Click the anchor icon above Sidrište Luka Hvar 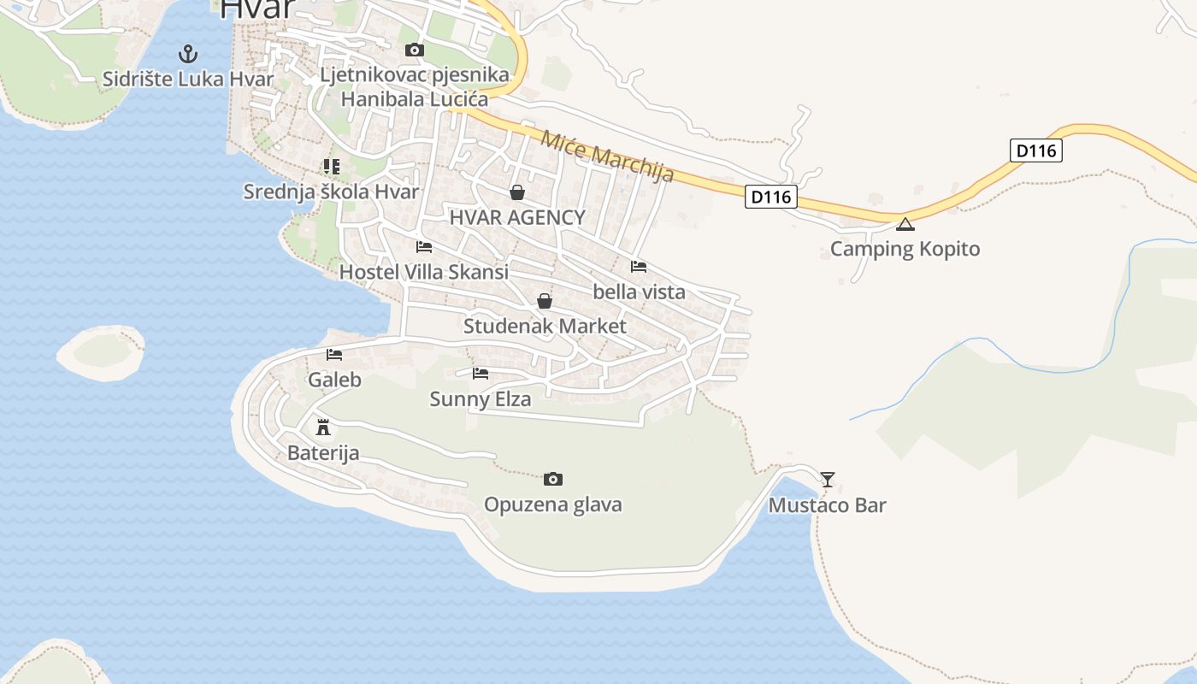coord(187,55)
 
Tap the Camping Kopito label coord(905,249)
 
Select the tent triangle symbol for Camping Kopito coord(905,225)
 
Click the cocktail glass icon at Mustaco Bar coord(827,479)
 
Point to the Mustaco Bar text coord(827,505)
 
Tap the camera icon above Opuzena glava coord(553,479)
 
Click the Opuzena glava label coord(553,504)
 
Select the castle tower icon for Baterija coord(323,427)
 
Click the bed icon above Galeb coord(334,354)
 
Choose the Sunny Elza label coord(480,399)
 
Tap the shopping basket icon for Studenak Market coord(544,301)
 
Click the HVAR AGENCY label coord(517,217)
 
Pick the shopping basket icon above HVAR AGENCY coord(516,192)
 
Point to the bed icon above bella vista coord(639,266)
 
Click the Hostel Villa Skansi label coord(424,272)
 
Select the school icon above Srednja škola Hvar coord(331,167)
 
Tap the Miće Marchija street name coord(608,155)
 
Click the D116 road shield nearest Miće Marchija coord(771,198)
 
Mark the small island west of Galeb coord(101,351)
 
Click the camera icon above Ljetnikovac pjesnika coord(414,50)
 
